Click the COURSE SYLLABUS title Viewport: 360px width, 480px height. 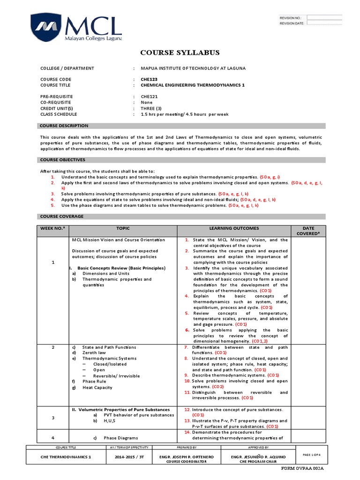point(180,52)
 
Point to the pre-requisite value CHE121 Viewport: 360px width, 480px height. point(150,97)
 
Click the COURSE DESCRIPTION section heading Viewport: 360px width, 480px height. point(64,126)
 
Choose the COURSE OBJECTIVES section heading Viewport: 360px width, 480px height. point(62,160)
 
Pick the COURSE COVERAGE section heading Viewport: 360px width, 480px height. point(61,217)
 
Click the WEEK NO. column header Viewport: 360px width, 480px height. point(53,228)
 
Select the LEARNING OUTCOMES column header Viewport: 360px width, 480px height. point(234,228)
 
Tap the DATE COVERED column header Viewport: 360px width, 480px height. point(308,231)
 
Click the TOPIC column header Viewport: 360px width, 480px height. point(123,228)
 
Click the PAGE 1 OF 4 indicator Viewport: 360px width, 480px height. point(311,455)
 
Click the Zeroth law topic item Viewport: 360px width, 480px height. point(93,353)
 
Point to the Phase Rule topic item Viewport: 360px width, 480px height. point(93,382)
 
